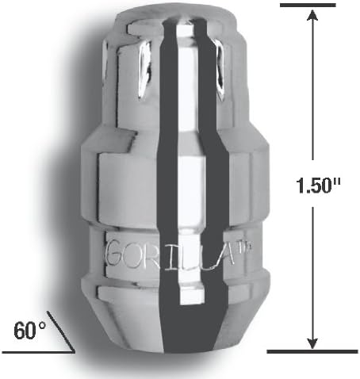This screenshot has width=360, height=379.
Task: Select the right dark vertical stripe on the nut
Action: [209, 198]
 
